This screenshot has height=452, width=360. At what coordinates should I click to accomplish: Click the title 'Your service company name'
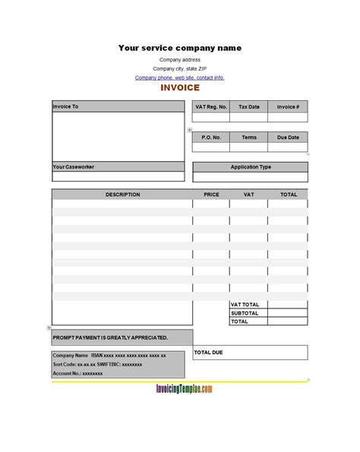[x=180, y=48]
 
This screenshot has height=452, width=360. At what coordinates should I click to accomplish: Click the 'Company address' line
[x=180, y=59]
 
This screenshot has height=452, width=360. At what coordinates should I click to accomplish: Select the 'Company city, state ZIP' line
[x=180, y=68]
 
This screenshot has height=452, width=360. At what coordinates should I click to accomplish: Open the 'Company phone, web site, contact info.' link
[x=180, y=77]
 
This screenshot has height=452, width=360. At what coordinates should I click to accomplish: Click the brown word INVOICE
[x=180, y=88]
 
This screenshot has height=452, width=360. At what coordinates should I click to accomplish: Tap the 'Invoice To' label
[x=65, y=106]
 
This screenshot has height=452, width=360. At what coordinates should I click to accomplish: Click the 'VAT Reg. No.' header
[x=211, y=107]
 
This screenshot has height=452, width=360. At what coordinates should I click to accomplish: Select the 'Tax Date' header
[x=249, y=107]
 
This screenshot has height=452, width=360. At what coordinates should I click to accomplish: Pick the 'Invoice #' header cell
[x=288, y=107]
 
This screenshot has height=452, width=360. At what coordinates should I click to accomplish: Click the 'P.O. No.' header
[x=211, y=137]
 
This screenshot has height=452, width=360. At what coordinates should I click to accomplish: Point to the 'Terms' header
[x=249, y=137]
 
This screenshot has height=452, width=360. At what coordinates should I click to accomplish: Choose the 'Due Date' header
[x=288, y=137]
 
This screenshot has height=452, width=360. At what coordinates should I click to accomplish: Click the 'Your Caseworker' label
[x=74, y=167]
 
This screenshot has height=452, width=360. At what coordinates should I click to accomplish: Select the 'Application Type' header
[x=250, y=167]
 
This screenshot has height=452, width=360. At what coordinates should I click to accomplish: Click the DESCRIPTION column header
[x=122, y=194]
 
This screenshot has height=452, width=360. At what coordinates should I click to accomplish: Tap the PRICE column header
[x=211, y=194]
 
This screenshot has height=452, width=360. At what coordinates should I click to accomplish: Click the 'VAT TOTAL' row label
[x=245, y=304]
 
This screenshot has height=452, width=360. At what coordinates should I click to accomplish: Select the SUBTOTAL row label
[x=245, y=313]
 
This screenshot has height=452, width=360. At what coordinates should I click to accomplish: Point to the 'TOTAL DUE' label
[x=209, y=352]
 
